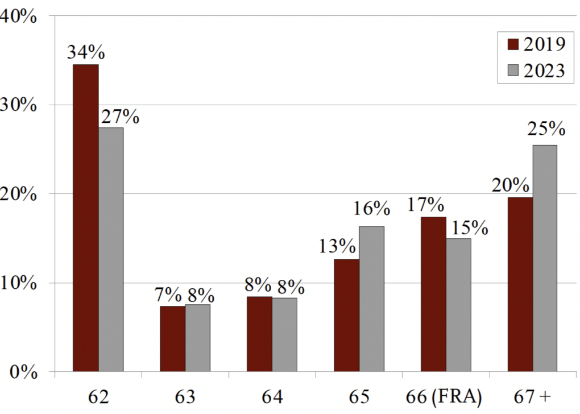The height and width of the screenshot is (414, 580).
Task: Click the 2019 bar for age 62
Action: [86, 218]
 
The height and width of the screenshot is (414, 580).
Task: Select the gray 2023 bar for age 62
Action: [111, 250]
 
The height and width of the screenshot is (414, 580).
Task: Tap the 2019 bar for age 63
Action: [173, 339]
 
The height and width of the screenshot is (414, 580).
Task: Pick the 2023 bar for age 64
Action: [284, 335]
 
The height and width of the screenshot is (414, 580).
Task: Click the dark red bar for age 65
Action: [347, 316]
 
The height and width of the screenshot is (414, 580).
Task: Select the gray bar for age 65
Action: [372, 299]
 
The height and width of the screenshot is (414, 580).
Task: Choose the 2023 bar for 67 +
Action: [545, 259]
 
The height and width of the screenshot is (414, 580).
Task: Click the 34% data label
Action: [86, 52]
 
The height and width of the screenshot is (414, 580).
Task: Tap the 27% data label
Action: [120, 117]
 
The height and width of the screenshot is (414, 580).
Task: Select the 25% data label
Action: [546, 130]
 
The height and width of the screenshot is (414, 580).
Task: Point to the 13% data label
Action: [337, 247]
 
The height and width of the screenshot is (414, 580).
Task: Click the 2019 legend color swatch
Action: [513, 44]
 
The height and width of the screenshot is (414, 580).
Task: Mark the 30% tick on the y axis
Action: [20, 105]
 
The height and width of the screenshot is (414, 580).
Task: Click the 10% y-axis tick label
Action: [20, 283]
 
